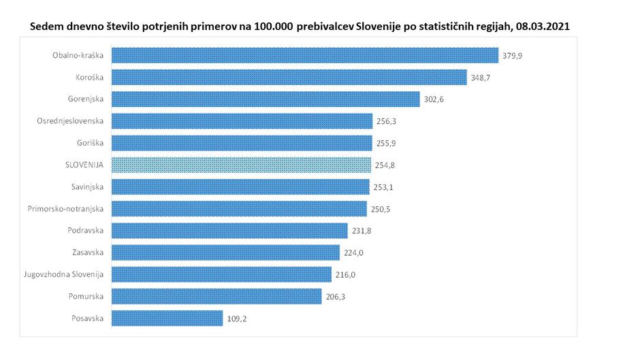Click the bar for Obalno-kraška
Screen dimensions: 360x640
[x=304, y=55]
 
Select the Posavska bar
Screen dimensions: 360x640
[x=167, y=318]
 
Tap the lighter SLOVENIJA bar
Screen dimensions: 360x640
[x=241, y=165]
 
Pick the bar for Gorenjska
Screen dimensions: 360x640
[x=265, y=99]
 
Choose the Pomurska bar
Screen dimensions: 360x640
[x=216, y=296]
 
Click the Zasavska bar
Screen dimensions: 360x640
[x=225, y=252]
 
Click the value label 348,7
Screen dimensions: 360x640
[x=479, y=78]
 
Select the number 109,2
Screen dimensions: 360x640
[x=236, y=318]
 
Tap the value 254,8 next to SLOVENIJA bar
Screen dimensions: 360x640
[x=384, y=165]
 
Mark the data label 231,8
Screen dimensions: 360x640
[x=360, y=231]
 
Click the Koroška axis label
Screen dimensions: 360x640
[x=89, y=78]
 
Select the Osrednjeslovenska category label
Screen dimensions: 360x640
[x=70, y=121]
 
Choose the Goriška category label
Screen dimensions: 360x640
[x=91, y=143]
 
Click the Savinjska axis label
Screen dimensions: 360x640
[x=87, y=187]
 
